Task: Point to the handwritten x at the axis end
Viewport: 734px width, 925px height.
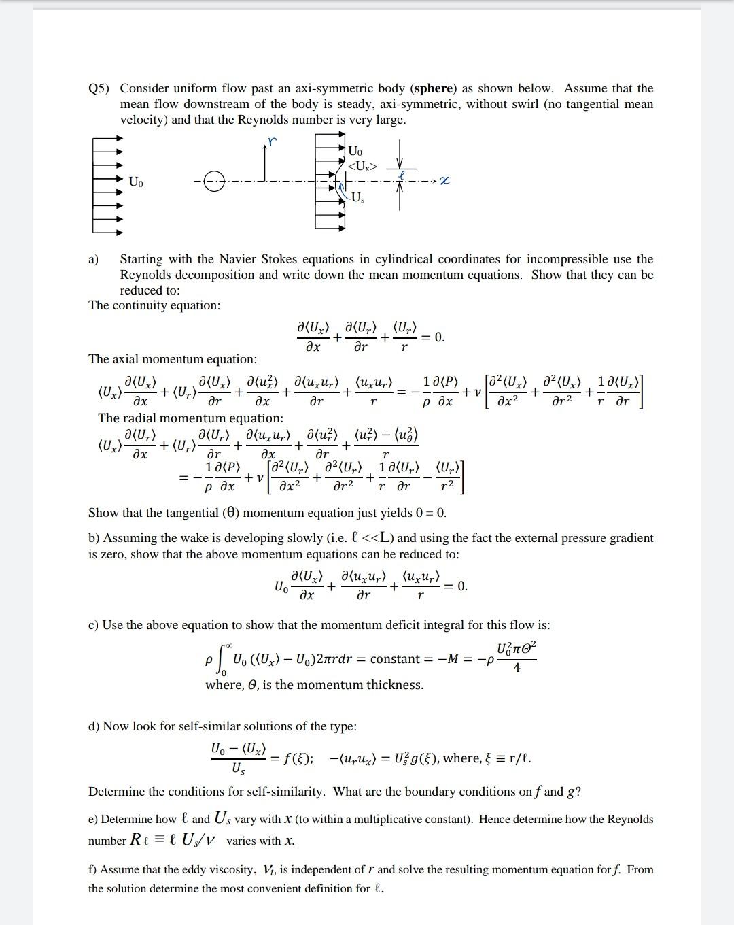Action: coord(444,181)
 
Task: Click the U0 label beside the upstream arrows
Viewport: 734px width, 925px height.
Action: coord(136,182)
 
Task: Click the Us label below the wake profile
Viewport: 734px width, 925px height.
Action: coord(358,197)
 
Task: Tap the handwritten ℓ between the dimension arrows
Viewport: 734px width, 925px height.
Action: coord(402,174)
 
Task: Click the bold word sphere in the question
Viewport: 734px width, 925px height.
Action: coord(434,88)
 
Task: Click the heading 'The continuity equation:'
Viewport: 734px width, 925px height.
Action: coord(154,305)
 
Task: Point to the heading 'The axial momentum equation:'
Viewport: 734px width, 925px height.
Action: coord(173,358)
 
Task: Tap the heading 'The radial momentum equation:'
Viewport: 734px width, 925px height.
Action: coord(190,418)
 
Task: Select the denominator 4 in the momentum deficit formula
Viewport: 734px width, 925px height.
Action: coord(517,669)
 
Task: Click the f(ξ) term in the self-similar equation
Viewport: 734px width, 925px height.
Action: coord(298,758)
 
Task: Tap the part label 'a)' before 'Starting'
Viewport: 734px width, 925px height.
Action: coord(93,259)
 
